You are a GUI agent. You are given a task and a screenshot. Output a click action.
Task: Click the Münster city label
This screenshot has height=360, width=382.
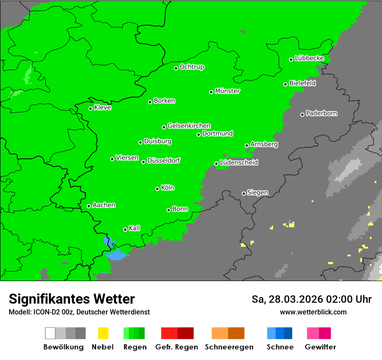click(x=227, y=91)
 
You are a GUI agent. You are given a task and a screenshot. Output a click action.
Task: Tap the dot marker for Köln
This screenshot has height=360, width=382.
click(x=157, y=189)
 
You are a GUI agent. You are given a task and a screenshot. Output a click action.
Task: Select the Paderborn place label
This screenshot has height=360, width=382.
click(x=321, y=113)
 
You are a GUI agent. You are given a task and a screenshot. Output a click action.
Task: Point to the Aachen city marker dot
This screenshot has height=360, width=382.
click(x=89, y=206)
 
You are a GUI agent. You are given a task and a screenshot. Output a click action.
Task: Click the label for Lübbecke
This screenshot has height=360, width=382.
click(x=309, y=58)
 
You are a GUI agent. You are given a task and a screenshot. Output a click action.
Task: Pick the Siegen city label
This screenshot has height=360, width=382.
click(x=257, y=193)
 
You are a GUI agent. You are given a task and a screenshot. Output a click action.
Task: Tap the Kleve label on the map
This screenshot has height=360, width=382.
click(x=102, y=108)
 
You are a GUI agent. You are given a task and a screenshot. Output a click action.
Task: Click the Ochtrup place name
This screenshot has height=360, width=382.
click(x=191, y=67)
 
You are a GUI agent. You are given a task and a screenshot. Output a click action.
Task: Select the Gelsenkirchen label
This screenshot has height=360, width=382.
click(x=189, y=126)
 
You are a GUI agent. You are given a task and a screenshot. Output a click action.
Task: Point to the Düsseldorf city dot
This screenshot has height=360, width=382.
click(x=143, y=162)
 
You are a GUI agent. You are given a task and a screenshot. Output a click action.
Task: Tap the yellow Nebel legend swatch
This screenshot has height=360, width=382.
click(x=103, y=333)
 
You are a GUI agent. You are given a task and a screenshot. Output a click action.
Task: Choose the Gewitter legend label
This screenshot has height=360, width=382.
click(x=320, y=347)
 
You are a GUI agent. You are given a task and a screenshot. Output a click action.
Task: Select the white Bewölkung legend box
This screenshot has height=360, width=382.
click(x=50, y=333)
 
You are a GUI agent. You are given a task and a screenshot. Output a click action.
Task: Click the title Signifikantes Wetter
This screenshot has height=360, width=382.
click(x=72, y=299)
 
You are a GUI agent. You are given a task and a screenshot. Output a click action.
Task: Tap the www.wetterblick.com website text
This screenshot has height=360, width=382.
click(x=313, y=312)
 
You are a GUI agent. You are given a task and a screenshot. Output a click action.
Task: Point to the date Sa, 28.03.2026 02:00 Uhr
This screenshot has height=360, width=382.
click(x=311, y=299)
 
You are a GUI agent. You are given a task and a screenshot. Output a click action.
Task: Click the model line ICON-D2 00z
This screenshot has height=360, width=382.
click(x=79, y=312)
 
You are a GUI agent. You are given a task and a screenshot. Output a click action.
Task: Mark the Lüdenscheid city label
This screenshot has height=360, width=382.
click(x=239, y=162)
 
